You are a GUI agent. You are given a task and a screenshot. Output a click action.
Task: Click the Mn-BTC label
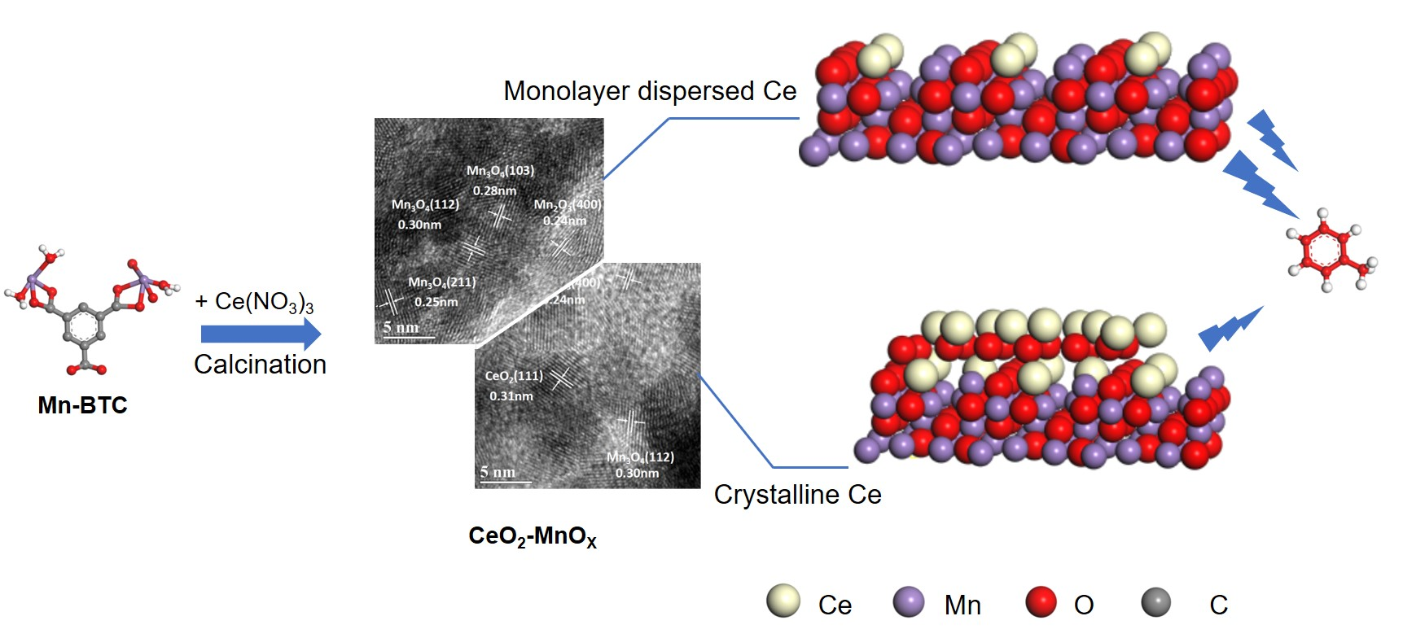pyautogui.click(x=82, y=405)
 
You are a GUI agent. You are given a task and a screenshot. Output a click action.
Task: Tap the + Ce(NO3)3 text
pyautogui.click(x=254, y=302)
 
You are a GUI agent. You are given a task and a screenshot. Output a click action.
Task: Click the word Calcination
pyautogui.click(x=260, y=365)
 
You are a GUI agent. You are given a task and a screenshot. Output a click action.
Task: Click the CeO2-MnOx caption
pyautogui.click(x=533, y=536)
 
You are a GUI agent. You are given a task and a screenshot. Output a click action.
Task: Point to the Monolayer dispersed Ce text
pyautogui.click(x=649, y=91)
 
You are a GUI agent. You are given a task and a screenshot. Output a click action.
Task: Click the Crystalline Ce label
pyautogui.click(x=797, y=495)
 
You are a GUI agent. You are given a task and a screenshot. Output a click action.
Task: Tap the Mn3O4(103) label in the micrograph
pyautogui.click(x=500, y=171)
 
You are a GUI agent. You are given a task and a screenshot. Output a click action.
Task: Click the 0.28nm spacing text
pyautogui.click(x=494, y=190)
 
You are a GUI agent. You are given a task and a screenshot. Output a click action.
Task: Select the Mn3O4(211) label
pyautogui.click(x=441, y=282)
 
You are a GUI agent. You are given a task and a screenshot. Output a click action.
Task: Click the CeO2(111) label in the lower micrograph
pyautogui.click(x=513, y=376)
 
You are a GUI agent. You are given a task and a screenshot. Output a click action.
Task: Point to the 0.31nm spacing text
pyautogui.click(x=511, y=396)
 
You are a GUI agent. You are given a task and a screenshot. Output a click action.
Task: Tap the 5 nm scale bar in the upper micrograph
pyautogui.click(x=401, y=328)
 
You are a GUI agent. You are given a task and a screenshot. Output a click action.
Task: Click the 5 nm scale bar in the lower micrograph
pyautogui.click(x=498, y=473)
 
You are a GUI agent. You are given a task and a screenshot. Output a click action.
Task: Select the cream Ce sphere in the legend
pyautogui.click(x=783, y=601)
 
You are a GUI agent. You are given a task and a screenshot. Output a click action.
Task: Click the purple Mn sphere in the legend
pyautogui.click(x=909, y=602)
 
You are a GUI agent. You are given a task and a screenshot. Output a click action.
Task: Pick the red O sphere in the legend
pyautogui.click(x=1041, y=602)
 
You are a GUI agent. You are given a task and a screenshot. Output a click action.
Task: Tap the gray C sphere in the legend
pyautogui.click(x=1155, y=602)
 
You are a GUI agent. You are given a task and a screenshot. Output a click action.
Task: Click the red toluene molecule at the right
pyautogui.click(x=1326, y=250)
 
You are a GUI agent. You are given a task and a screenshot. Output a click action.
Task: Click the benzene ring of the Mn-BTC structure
pyautogui.click(x=82, y=326)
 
